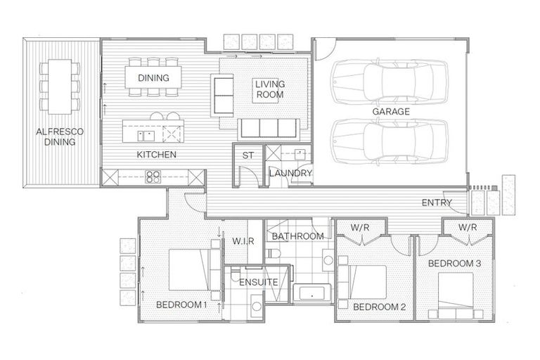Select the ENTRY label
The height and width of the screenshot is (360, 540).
click(437, 202)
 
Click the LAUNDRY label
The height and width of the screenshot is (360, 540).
click(290, 173)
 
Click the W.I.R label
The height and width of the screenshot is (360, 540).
click(242, 240)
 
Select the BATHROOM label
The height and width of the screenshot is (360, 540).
click(298, 236)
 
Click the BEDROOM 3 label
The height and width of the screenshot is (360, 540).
click(454, 263)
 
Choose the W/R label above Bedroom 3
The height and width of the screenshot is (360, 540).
click(468, 227)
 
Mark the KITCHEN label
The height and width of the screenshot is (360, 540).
click(156, 155)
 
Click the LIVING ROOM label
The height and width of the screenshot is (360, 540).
click(269, 89)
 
